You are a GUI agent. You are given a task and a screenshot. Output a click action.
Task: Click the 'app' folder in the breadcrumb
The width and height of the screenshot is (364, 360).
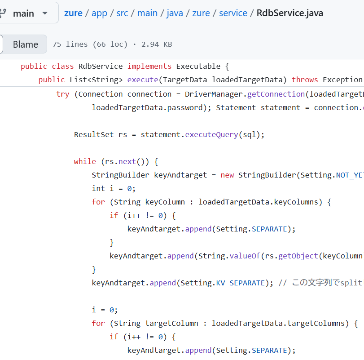coord(99,13)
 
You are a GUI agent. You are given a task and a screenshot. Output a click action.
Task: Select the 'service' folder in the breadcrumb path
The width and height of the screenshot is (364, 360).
coord(233,13)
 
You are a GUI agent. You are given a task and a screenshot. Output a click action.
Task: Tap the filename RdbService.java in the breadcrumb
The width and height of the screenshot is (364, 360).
coord(290,13)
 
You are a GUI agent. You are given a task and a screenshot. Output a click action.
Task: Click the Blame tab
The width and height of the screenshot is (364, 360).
coord(25,44)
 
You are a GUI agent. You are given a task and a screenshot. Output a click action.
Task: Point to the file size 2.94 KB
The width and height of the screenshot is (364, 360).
coord(157,44)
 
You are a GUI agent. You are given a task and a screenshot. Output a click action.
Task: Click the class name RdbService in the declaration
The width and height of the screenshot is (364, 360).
coord(100,66)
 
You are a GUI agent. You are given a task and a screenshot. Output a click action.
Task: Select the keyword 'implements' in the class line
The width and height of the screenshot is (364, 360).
coord(149,66)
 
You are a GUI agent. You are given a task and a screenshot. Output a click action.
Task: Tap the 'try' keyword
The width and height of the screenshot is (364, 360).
coord(63,94)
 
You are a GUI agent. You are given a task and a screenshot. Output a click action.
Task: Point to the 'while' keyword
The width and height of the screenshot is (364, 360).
coord(85,161)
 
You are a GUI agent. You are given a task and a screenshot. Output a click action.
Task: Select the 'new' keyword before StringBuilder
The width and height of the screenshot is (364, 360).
coord(227,175)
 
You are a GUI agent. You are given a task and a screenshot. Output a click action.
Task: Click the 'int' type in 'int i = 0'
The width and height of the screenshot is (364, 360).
coord(98,188)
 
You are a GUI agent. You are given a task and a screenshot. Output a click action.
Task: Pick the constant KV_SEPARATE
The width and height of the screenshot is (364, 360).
coord(241,283)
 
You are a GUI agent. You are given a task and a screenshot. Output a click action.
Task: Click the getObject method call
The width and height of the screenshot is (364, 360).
coord(298,256)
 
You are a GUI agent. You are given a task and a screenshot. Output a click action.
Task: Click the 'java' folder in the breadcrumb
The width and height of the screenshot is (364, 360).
coord(175,13)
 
